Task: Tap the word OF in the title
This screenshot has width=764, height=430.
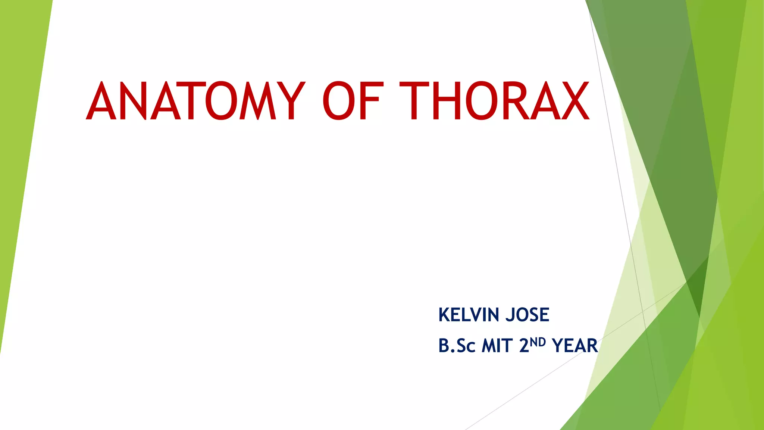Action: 353,101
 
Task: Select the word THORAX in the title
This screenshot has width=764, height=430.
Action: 495,101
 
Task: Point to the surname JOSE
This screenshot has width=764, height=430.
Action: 527,315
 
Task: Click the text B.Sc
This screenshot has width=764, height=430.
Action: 457,346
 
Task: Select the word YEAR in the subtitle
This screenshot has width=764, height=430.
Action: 575,346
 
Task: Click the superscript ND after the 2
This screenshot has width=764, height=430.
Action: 538,342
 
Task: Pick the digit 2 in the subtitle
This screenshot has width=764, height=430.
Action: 524,346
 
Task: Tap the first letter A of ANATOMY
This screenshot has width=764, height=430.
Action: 101,101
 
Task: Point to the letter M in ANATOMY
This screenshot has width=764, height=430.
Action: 258,101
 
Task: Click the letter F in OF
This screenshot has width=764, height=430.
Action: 371,101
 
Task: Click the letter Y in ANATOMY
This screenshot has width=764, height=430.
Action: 291,101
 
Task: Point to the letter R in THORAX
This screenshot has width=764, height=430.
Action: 514,101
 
